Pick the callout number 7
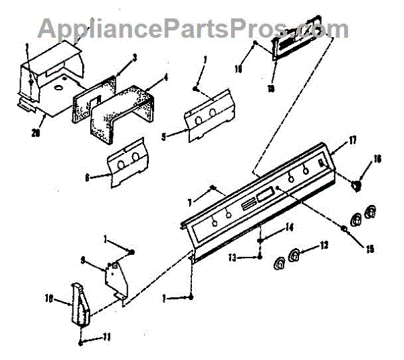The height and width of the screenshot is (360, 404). (191, 201)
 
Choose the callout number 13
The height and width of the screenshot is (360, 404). (231, 256)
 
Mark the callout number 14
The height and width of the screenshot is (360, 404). (290, 229)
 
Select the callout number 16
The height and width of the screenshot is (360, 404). (378, 159)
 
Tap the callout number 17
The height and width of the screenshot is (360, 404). (353, 140)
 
